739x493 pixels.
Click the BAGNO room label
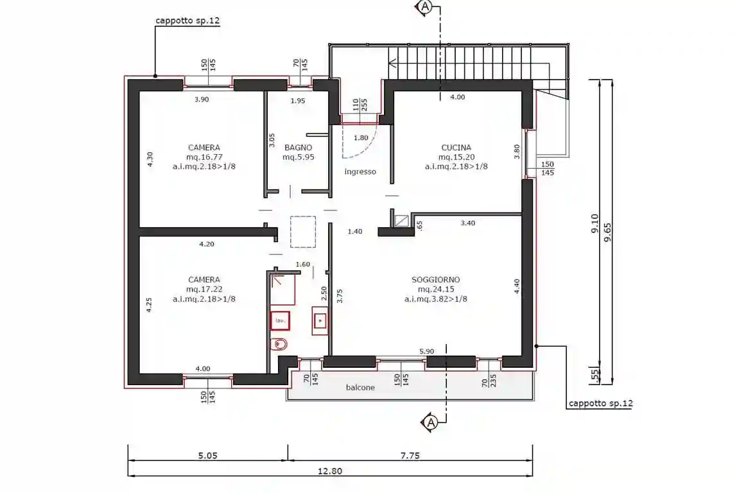[x=299, y=148]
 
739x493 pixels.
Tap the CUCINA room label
[x=456, y=148]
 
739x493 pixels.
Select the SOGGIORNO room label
[x=435, y=279]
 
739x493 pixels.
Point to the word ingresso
[x=360, y=171]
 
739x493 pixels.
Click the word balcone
[x=360, y=388]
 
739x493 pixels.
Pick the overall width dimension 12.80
[x=330, y=471]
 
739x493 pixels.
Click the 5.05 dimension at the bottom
[x=207, y=456]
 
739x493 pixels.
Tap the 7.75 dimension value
[x=410, y=456]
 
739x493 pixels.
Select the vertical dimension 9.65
[x=607, y=232]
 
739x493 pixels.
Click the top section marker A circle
[x=425, y=6]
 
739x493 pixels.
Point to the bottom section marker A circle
[x=431, y=423]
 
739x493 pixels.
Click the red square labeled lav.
[x=280, y=321]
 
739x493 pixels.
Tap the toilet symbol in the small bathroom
[x=279, y=344]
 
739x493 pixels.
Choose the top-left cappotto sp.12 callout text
[x=187, y=21]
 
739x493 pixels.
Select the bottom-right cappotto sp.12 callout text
[x=601, y=403]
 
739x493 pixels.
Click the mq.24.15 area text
[x=435, y=290]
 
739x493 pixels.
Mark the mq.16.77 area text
[x=204, y=157]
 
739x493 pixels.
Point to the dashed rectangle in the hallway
[x=303, y=232]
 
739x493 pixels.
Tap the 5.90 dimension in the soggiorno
[x=426, y=351]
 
